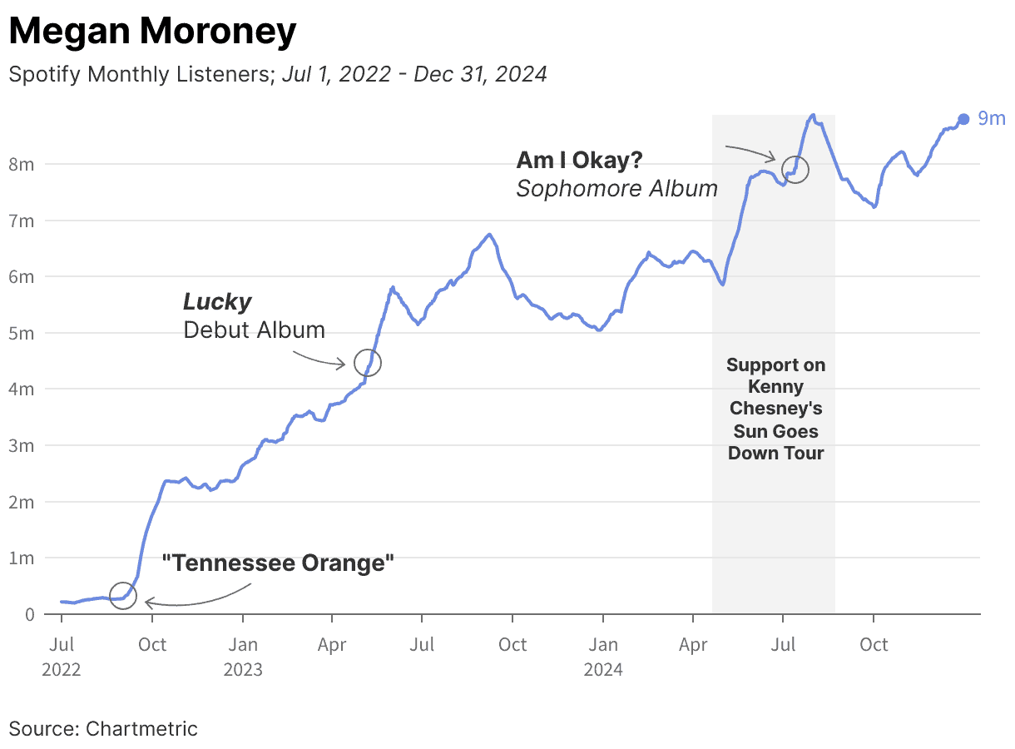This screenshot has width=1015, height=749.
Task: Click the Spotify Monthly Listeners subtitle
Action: [x=277, y=74]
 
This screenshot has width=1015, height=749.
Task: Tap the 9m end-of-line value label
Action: [x=991, y=118]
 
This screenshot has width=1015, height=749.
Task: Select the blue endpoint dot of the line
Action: [x=963, y=119]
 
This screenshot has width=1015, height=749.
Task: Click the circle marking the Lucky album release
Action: [x=368, y=363]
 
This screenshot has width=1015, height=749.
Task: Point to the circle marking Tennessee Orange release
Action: [x=123, y=596]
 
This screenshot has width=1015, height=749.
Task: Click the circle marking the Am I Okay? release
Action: [x=795, y=170]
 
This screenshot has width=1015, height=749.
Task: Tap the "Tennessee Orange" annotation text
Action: [x=277, y=563]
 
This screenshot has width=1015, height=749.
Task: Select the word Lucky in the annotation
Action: [x=217, y=301]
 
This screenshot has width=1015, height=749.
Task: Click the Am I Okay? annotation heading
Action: [x=579, y=160]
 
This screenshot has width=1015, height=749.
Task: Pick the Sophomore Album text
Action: [x=616, y=189]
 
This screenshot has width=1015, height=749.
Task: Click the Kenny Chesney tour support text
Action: [x=775, y=409]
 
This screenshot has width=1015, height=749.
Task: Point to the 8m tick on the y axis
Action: [x=22, y=164]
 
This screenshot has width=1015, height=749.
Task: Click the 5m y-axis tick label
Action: [x=22, y=333]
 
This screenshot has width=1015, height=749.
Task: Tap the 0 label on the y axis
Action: [x=29, y=614]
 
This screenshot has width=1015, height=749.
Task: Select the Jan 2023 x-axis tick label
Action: [x=242, y=656]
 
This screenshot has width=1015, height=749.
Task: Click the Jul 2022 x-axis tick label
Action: [x=62, y=656]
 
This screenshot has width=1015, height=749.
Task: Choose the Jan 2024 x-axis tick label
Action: [x=602, y=656]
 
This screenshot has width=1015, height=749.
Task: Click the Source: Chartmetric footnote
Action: [x=103, y=729]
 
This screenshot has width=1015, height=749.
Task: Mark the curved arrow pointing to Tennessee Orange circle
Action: [x=200, y=599]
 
